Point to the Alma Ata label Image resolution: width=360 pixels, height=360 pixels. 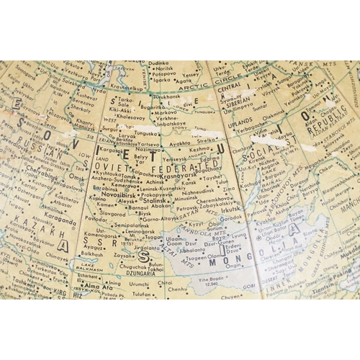click(x=99, y=286)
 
